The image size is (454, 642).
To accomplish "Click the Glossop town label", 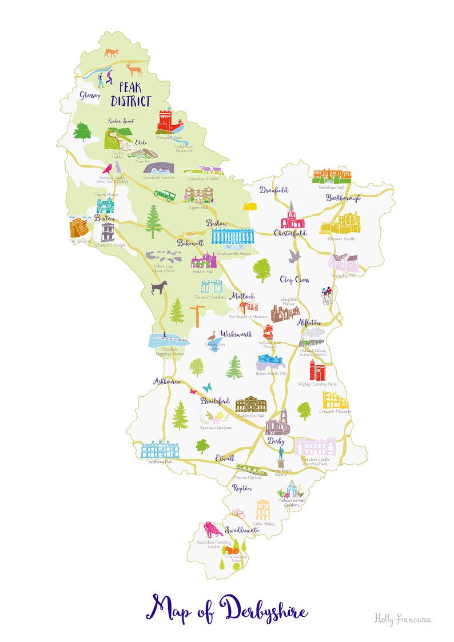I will click(90, 94).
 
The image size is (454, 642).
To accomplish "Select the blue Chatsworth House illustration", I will click(231, 236).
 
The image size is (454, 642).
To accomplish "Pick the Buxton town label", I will click(105, 218).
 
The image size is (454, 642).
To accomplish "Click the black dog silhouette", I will click(158, 288).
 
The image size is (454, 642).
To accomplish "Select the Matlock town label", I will click(242, 297).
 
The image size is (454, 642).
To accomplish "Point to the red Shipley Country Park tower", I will click(317, 370).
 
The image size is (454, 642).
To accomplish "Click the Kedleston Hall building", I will click(250, 404).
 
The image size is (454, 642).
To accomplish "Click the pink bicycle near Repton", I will click(238, 513).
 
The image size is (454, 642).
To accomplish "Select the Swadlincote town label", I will click(242, 530).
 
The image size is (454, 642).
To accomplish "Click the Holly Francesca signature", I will click(402, 618).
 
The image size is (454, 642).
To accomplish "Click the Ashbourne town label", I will click(166, 381).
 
